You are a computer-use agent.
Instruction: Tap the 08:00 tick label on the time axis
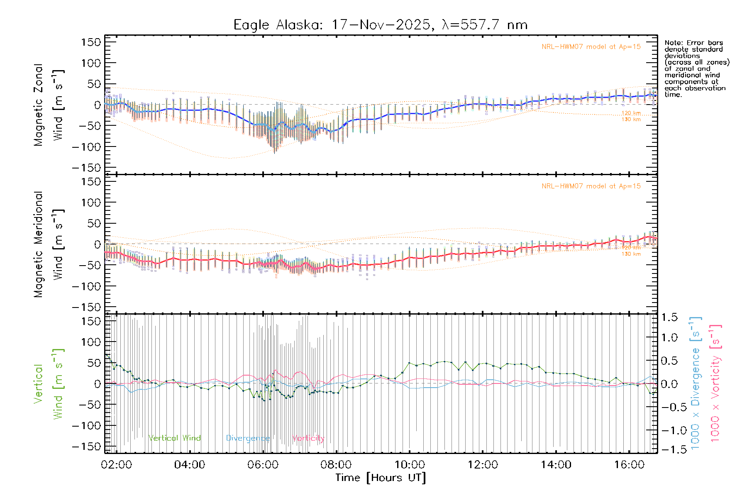336,465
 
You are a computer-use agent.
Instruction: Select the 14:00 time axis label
556,465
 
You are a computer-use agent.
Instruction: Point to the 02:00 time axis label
117,465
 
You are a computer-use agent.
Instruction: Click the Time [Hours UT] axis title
381,478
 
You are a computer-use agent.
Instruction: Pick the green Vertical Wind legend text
174,438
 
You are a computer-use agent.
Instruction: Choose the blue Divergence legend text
248,438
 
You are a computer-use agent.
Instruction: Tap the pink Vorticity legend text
308,438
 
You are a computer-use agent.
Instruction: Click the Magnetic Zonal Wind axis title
49,105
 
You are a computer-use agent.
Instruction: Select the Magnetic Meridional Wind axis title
49,244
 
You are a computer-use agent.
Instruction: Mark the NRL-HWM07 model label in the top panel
591,47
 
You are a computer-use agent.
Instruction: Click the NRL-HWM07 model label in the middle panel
591,186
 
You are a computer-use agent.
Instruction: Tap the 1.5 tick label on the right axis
669,317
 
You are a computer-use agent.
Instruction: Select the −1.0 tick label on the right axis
669,430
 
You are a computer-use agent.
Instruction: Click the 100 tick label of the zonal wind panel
91,63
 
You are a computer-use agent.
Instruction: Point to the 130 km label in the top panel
631,120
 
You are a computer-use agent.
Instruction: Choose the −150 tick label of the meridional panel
86,308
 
